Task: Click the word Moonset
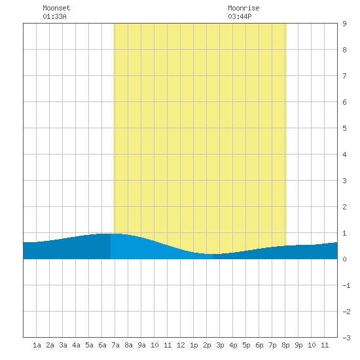point(56,8)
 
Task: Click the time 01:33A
point(54,16)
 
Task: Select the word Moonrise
point(243,8)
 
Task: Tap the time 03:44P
point(240,16)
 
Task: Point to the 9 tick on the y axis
point(344,24)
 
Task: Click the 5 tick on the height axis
point(344,128)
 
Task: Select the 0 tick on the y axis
point(344,259)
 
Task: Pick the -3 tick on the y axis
point(346,338)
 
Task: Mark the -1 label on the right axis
point(346,285)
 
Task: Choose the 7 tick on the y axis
point(344,76)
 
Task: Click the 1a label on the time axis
point(37,345)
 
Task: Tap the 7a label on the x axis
point(115,345)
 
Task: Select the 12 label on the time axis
point(181,345)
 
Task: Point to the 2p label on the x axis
point(207,345)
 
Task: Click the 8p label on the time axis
point(285,345)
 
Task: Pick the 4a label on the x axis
point(76,345)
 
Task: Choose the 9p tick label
point(298,345)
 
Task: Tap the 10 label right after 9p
point(312,345)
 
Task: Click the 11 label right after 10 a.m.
point(168,345)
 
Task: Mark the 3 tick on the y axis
point(344,181)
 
